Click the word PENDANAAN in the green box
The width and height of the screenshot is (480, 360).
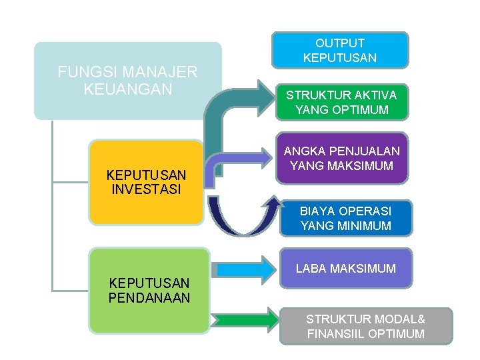(149, 297)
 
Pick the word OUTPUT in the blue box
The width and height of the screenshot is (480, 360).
(339, 43)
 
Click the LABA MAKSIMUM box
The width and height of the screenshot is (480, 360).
(345, 269)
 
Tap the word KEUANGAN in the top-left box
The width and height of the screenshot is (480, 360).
(128, 88)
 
